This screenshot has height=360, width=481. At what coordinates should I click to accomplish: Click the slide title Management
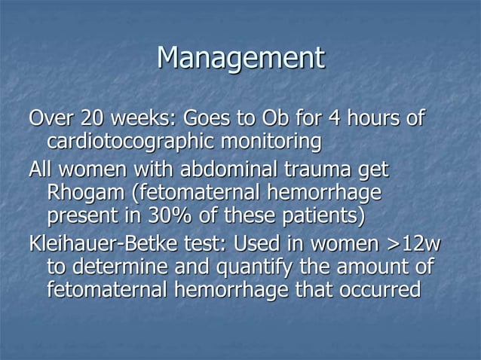(x=240, y=59)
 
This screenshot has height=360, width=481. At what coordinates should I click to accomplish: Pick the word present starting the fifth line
(x=81, y=217)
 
